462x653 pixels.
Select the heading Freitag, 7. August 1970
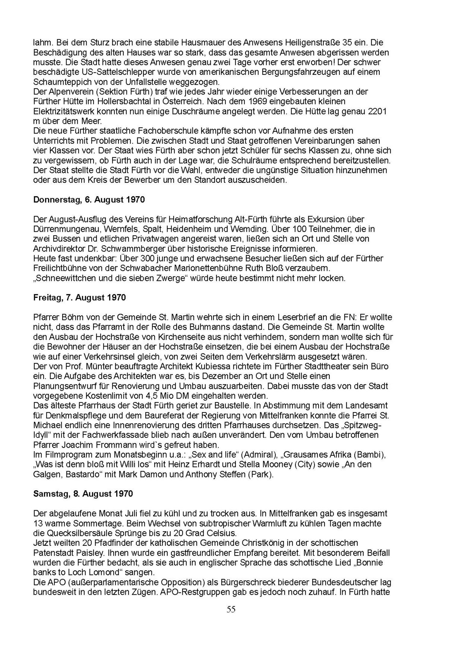[x=79, y=298]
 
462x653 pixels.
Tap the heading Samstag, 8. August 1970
[x=83, y=494]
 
